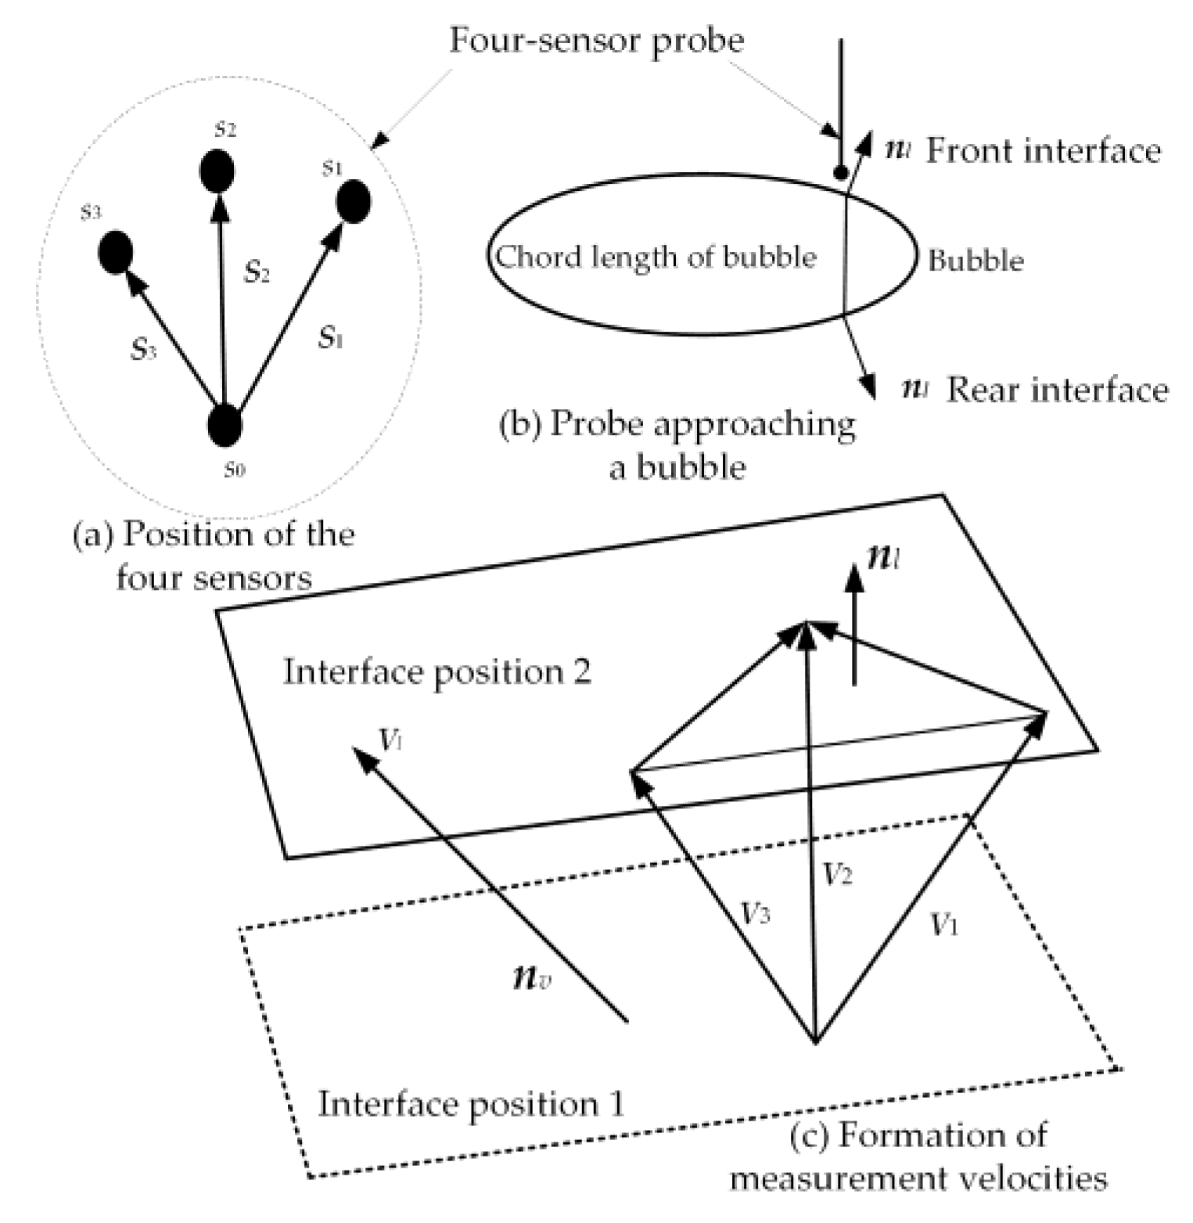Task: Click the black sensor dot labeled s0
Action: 225,425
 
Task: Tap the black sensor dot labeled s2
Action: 217,171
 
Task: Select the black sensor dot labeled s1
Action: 353,201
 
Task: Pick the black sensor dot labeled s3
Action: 115,252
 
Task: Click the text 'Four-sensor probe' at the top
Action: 596,40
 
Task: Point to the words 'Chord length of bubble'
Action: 656,257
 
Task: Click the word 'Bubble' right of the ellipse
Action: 976,260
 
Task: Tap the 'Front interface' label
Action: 1043,150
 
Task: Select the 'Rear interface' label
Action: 1057,389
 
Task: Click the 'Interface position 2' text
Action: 437,671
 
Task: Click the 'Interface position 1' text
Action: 471,1103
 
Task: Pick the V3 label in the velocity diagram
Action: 755,912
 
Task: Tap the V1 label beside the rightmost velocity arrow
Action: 944,925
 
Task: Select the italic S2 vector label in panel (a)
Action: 257,271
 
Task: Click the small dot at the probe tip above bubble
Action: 840,173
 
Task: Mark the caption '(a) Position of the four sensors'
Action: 214,556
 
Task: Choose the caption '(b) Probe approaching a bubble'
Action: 677,444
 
